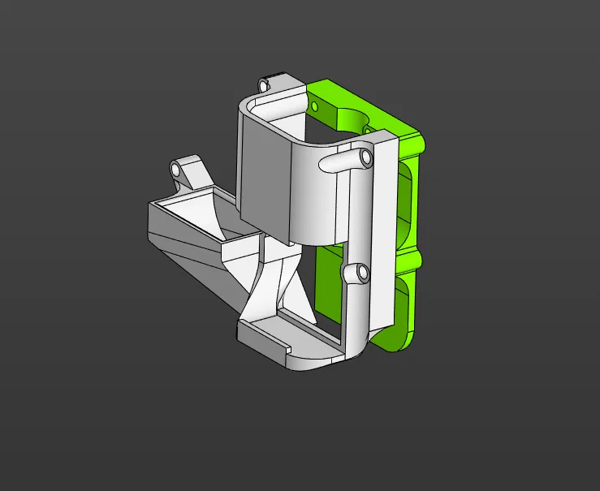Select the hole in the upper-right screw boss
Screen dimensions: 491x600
365,154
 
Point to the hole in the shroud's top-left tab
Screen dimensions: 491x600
263,84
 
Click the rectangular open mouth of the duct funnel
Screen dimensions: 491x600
195,213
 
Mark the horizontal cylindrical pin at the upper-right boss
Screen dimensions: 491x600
341,160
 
